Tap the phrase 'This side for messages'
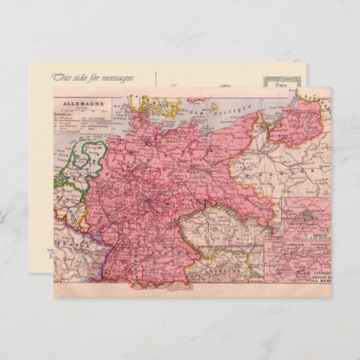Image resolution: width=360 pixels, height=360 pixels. point(93,78)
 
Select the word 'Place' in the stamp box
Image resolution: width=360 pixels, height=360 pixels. point(280,85)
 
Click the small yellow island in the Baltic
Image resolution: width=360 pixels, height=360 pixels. point(214,106)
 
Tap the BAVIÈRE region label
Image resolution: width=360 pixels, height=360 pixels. point(163,251)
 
